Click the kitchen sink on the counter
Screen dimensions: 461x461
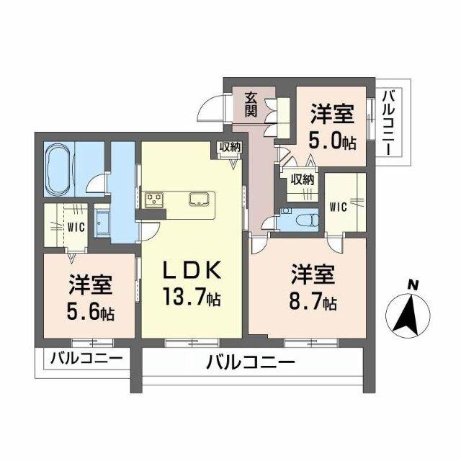(198, 199)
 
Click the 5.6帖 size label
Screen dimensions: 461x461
(90, 312)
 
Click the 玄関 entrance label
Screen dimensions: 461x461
(251, 105)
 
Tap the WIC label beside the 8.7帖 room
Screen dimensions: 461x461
(339, 207)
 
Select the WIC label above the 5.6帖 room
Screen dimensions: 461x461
(76, 226)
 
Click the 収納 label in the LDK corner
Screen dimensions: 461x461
(229, 147)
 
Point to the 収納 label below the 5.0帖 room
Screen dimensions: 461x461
(303, 180)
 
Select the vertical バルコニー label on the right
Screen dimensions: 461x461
(388, 122)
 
